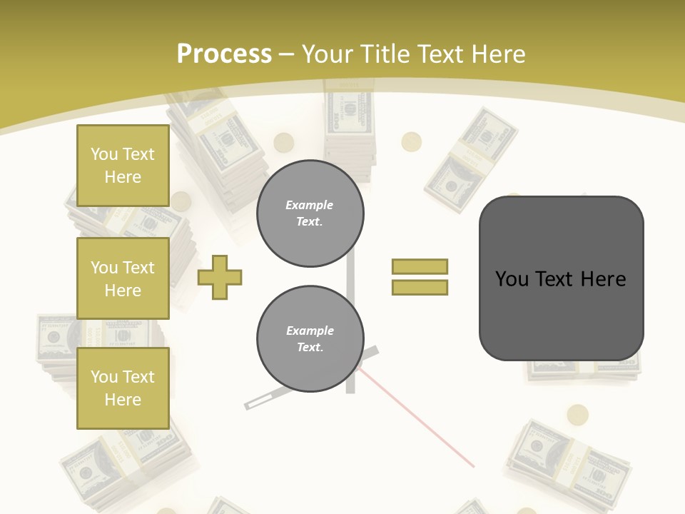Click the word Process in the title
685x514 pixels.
[224, 54]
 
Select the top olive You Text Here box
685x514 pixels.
[123, 166]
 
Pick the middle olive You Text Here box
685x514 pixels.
[123, 278]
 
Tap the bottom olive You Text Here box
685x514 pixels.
[123, 388]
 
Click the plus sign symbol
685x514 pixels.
[220, 278]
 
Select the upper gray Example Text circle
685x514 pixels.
[310, 213]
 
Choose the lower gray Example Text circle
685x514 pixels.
[310, 339]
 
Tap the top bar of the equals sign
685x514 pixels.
[420, 266]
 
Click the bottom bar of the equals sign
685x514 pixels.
[420, 287]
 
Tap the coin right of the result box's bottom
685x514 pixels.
[577, 415]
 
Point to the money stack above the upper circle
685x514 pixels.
[350, 128]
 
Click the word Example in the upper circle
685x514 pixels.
[310, 205]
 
